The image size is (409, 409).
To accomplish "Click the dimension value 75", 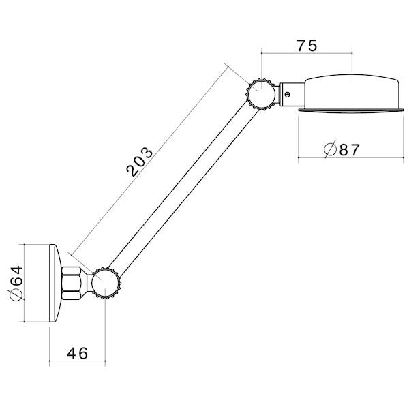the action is [307, 46].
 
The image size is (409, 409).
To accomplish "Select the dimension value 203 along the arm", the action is [139, 162].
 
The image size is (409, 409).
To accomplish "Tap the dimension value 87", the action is [350, 150].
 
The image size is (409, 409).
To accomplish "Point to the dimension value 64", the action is [17, 275].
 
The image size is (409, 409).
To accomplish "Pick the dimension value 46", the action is [78, 353].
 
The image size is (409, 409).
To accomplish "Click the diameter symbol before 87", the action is [330, 149].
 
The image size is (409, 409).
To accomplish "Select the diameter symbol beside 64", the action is [16, 295].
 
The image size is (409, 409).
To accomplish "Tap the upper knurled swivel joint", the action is [261, 94].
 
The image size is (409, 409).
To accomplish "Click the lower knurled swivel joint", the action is [106, 284].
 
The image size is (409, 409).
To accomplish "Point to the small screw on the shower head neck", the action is [287, 95].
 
